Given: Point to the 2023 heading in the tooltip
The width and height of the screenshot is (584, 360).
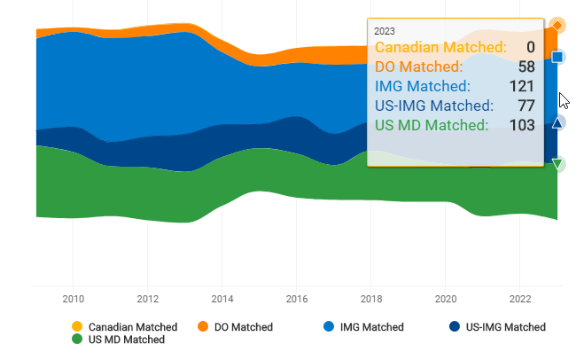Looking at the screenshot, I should pos(385,30).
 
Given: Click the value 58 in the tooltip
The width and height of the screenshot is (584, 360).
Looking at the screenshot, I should pos(526,67).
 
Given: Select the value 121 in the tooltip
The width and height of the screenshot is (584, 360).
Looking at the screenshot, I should pos(521,86).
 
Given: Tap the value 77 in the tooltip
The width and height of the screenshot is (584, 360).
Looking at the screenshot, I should pos(526,106).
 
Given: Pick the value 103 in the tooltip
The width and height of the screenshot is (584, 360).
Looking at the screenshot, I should pos(521,125).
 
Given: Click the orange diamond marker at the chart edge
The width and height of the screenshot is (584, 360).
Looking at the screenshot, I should pos(557,25).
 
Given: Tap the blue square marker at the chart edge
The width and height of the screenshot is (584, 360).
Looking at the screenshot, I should pos(557,58).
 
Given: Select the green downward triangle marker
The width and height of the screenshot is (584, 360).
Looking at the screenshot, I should pos(557,163).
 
